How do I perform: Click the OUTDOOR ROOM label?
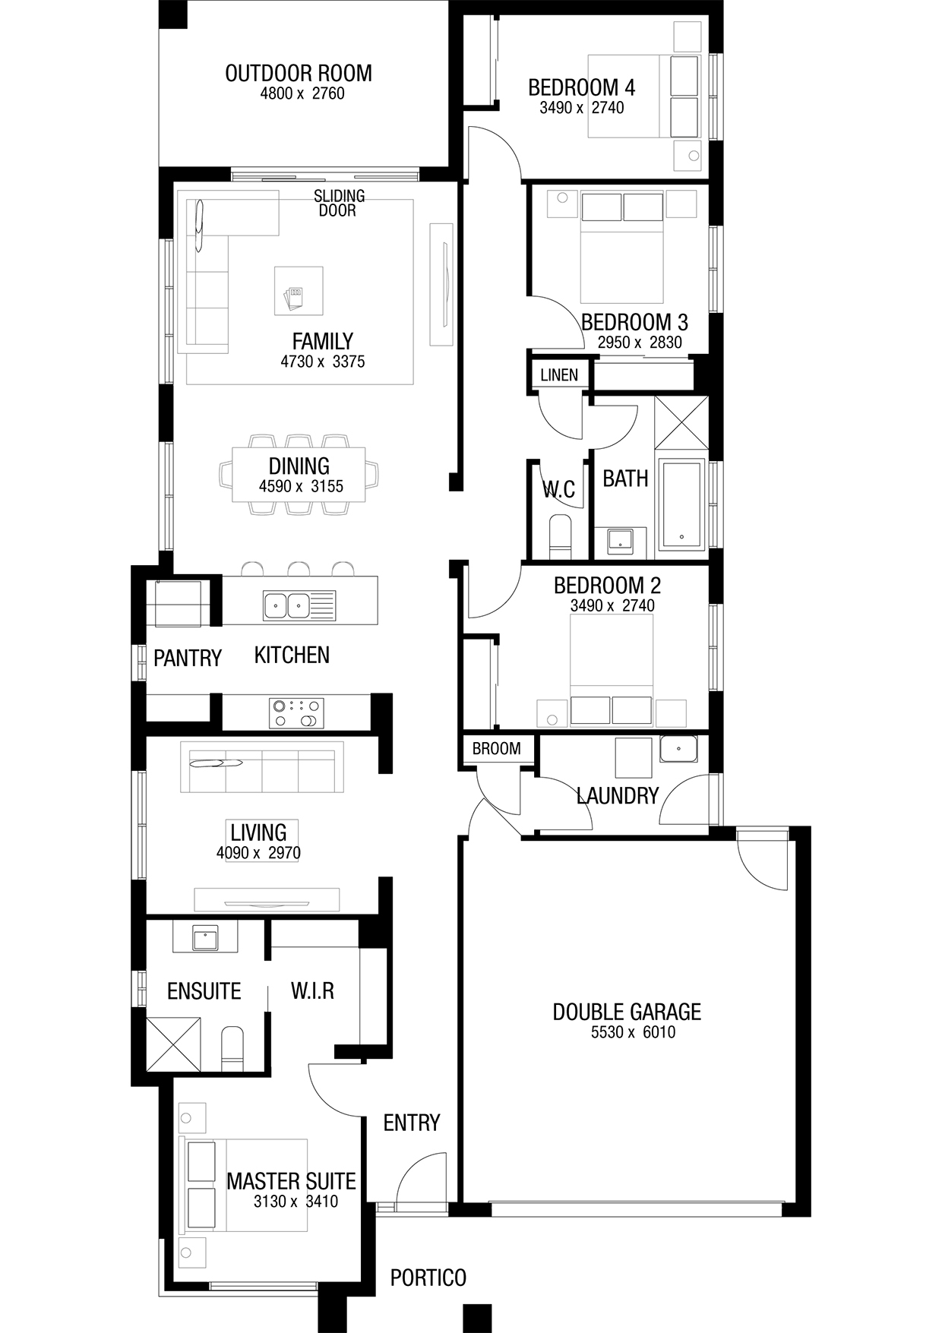[299, 74]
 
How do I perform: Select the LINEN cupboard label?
[559, 374]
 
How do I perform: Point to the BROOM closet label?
[497, 748]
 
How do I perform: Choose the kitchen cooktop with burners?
[296, 713]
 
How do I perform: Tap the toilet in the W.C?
[560, 535]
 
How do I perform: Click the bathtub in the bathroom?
[681, 504]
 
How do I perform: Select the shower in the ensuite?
[175, 1044]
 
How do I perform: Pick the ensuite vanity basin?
[205, 939]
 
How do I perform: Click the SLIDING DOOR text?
[339, 203]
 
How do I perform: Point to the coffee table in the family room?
[299, 290]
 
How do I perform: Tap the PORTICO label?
[428, 1278]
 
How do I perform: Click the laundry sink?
[678, 749]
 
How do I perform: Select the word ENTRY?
[412, 1123]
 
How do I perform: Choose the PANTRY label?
[188, 658]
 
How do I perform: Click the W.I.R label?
[312, 990]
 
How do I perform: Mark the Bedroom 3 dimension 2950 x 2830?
[640, 343]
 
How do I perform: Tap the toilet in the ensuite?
[232, 1049]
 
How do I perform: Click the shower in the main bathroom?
[681, 424]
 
